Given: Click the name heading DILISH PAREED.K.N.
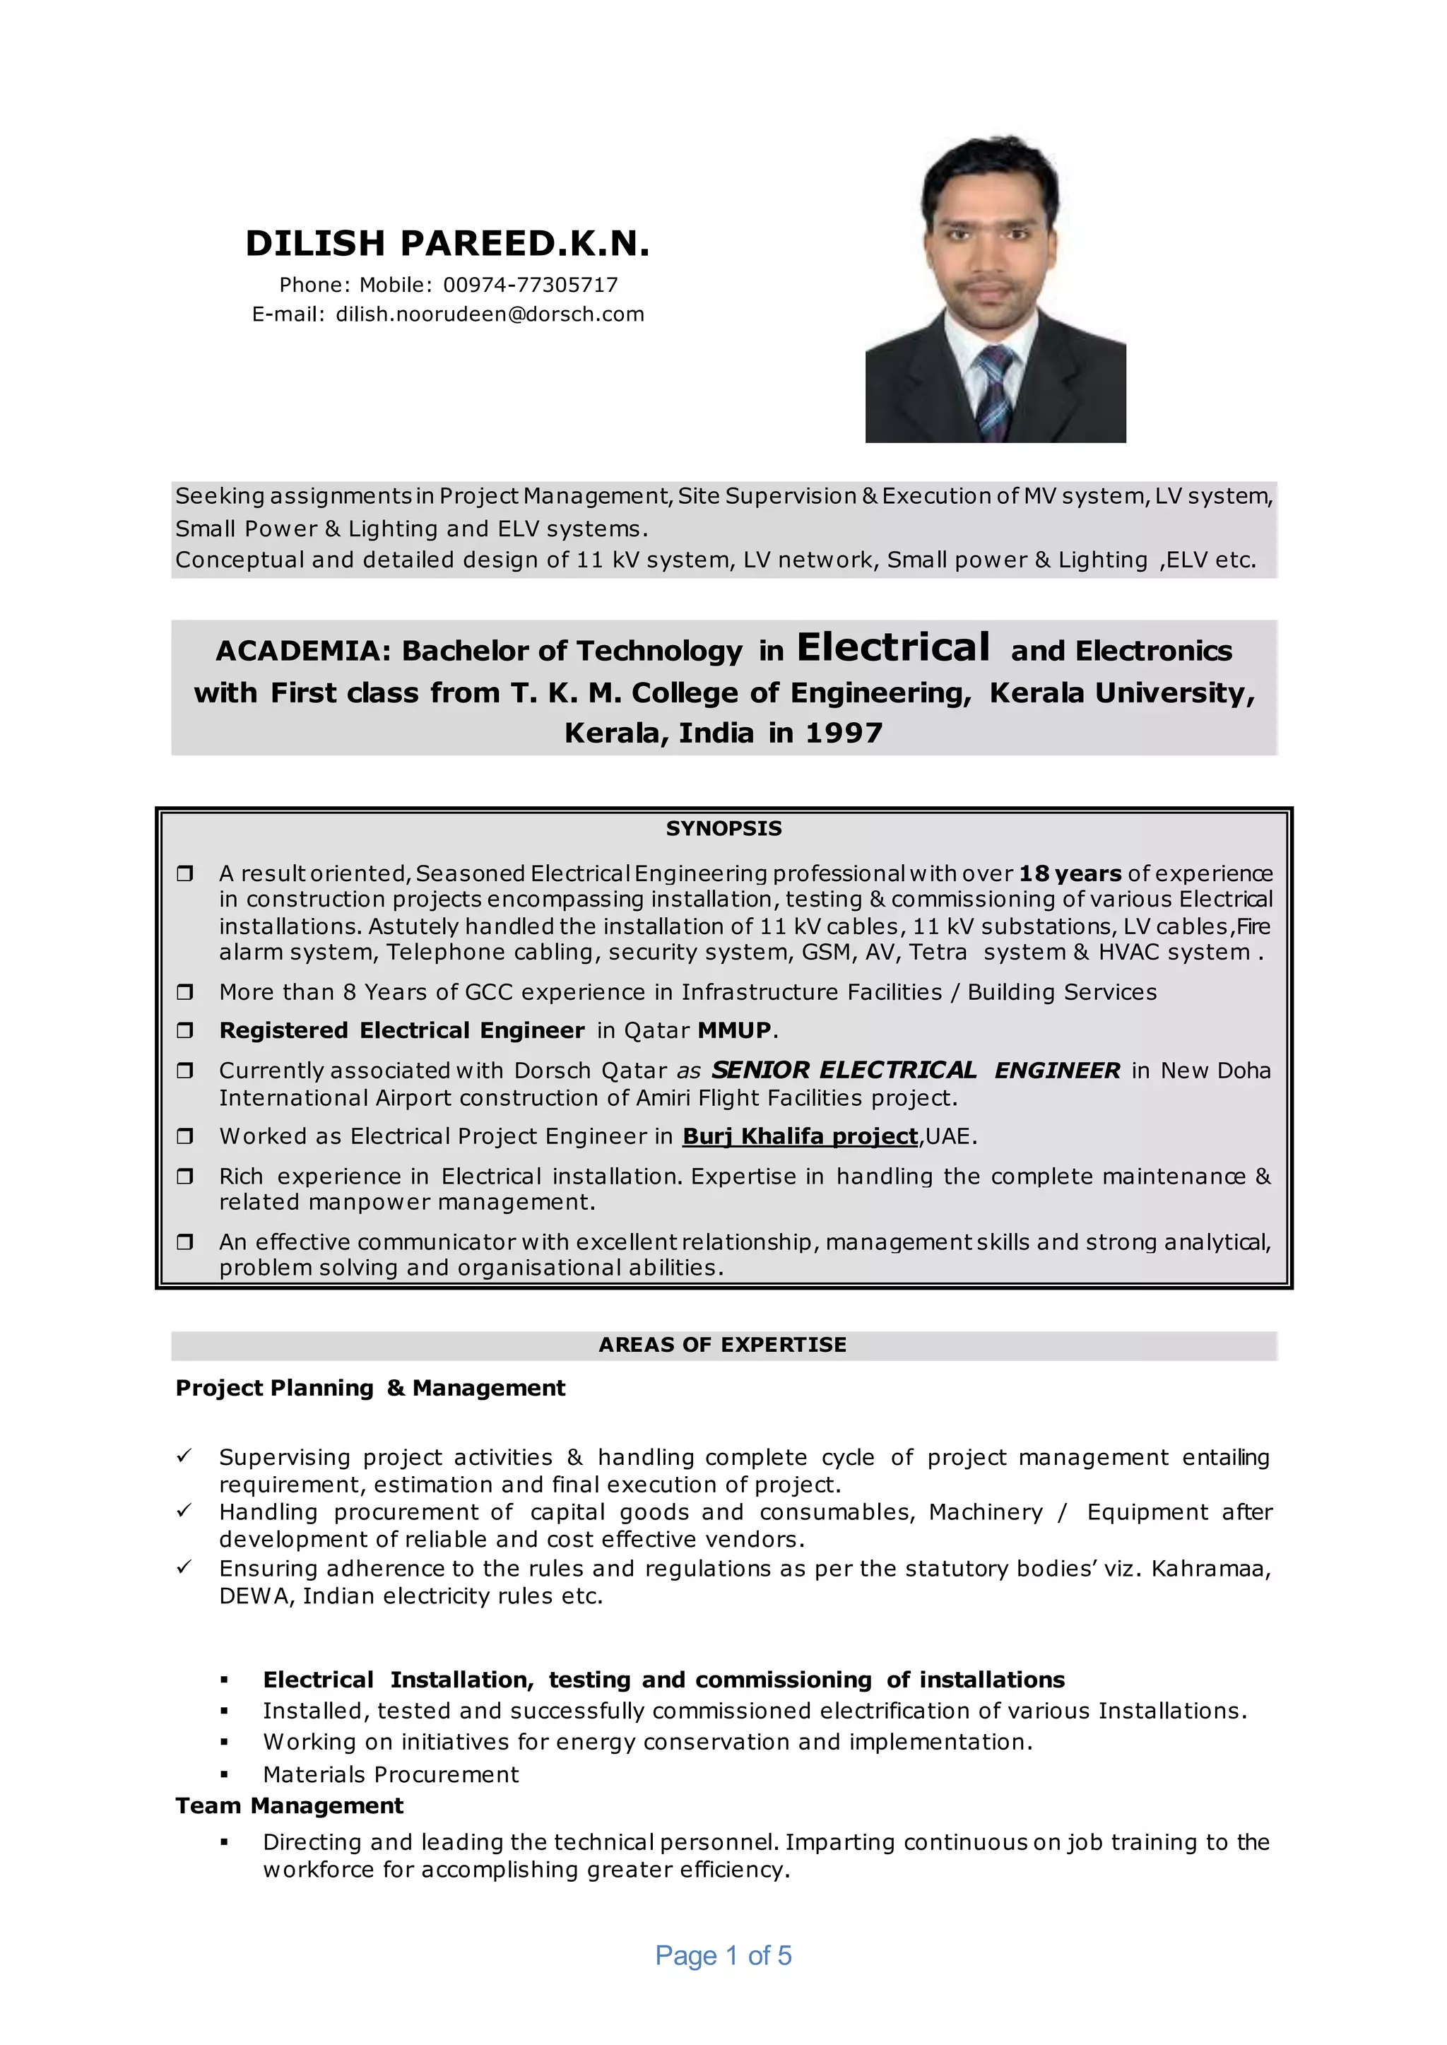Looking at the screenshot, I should [x=447, y=243].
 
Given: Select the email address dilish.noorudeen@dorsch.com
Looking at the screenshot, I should [x=489, y=314].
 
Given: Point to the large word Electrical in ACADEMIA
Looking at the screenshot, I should [x=893, y=648].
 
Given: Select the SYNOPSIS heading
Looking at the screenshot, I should [x=723, y=829].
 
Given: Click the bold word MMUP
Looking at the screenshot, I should [x=734, y=1031].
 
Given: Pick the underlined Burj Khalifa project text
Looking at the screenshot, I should [x=800, y=1137].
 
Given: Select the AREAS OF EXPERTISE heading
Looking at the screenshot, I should [x=723, y=1345].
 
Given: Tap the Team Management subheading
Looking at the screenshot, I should [x=289, y=1806].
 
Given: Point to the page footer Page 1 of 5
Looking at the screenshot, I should [x=723, y=1956].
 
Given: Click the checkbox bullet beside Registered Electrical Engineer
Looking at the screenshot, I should [x=185, y=1031].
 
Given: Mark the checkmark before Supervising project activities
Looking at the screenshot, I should [x=184, y=1456].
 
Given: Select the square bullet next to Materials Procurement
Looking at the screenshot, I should [x=225, y=1775].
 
